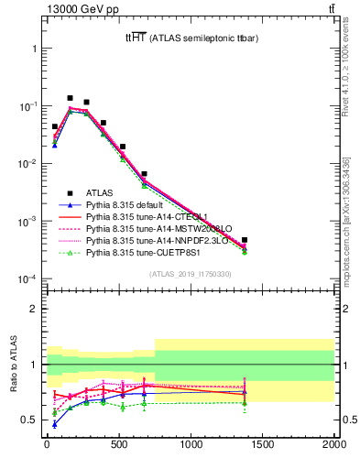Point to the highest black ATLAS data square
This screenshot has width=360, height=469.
(x=70, y=98)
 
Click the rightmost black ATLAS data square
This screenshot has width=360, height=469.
(x=245, y=240)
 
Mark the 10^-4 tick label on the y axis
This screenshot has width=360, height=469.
(x=25, y=278)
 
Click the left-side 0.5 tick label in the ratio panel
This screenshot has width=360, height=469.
(x=29, y=420)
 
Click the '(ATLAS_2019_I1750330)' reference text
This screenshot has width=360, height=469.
(x=190, y=274)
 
